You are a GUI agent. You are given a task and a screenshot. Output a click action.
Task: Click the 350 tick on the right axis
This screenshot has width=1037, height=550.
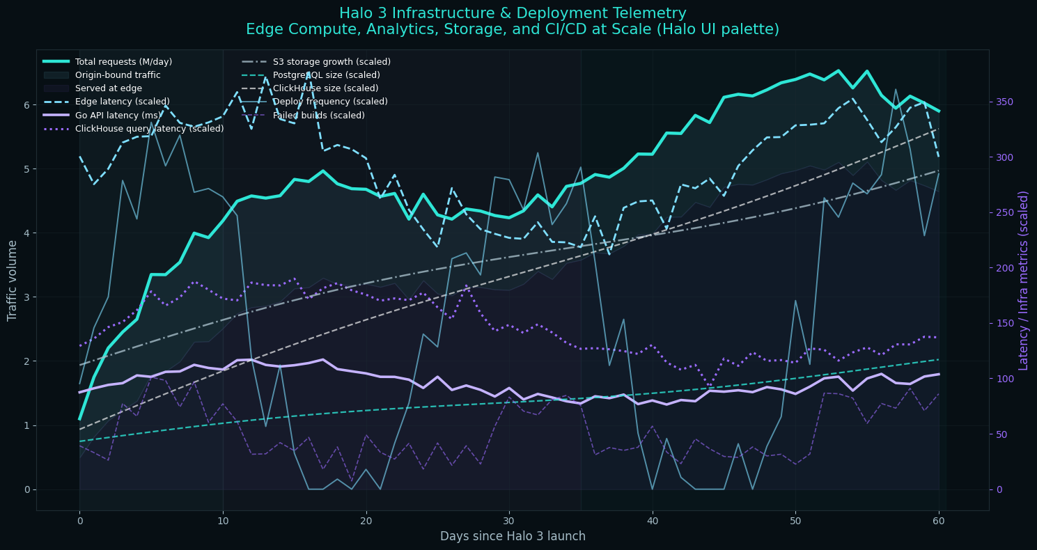[1004, 102]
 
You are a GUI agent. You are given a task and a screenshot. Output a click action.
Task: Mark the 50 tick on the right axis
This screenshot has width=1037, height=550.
[1001, 434]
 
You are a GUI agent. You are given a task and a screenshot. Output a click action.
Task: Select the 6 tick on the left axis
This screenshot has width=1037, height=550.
[26, 105]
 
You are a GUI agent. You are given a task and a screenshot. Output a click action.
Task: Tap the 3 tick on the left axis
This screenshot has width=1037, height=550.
[26, 297]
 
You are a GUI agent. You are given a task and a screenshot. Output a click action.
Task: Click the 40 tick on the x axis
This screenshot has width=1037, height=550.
[652, 521]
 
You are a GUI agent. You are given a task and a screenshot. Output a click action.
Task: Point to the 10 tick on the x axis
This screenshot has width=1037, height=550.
[223, 521]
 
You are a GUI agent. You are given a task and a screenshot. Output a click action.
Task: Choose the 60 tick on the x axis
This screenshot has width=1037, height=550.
[939, 521]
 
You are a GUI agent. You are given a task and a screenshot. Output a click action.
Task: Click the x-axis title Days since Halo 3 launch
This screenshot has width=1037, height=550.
[513, 536]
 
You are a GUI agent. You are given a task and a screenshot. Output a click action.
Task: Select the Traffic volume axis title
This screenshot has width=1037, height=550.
[13, 280]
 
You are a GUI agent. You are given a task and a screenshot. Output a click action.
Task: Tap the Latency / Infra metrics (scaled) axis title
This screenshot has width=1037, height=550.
[1024, 280]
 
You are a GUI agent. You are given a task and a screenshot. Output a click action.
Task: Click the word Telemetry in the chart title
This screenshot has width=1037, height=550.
[649, 13]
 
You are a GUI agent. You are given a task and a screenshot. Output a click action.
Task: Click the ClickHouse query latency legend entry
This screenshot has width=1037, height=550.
[149, 129]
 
